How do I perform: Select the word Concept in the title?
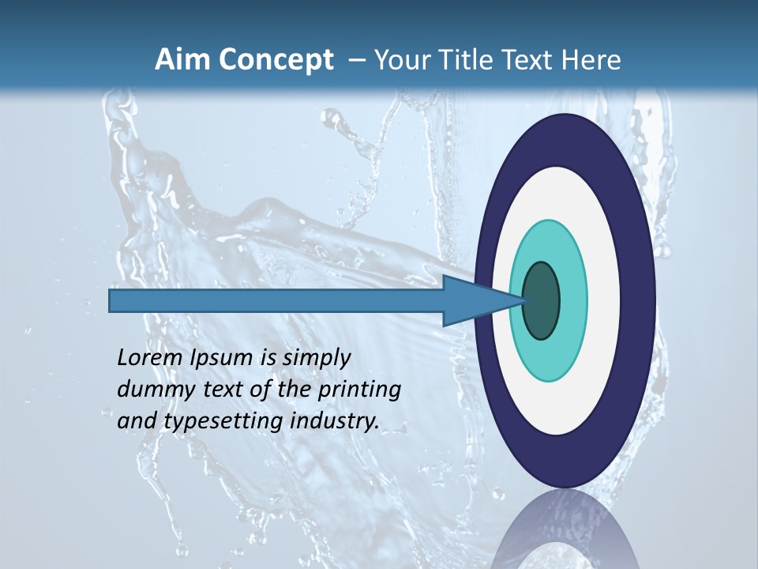(276, 60)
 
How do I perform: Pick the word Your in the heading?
(398, 60)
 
